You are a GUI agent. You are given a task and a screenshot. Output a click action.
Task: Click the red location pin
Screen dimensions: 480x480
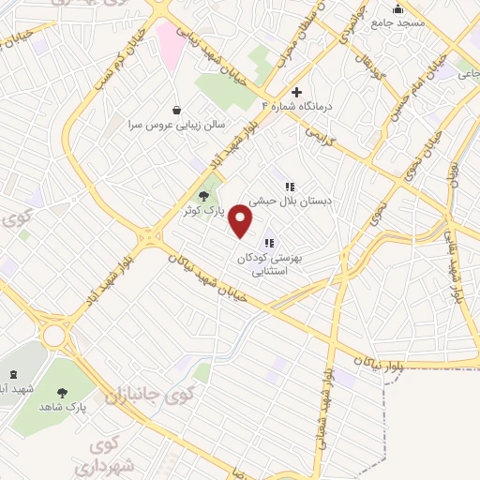[242, 221]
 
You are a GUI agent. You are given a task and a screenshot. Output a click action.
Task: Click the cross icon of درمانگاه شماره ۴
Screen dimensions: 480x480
[297, 92]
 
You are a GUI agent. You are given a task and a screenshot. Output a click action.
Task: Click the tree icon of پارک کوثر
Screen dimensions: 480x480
[204, 196]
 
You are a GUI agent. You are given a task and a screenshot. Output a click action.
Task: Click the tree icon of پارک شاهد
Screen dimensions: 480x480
[63, 394]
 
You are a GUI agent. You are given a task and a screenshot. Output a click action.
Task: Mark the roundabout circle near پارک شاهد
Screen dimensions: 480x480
[54, 334]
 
